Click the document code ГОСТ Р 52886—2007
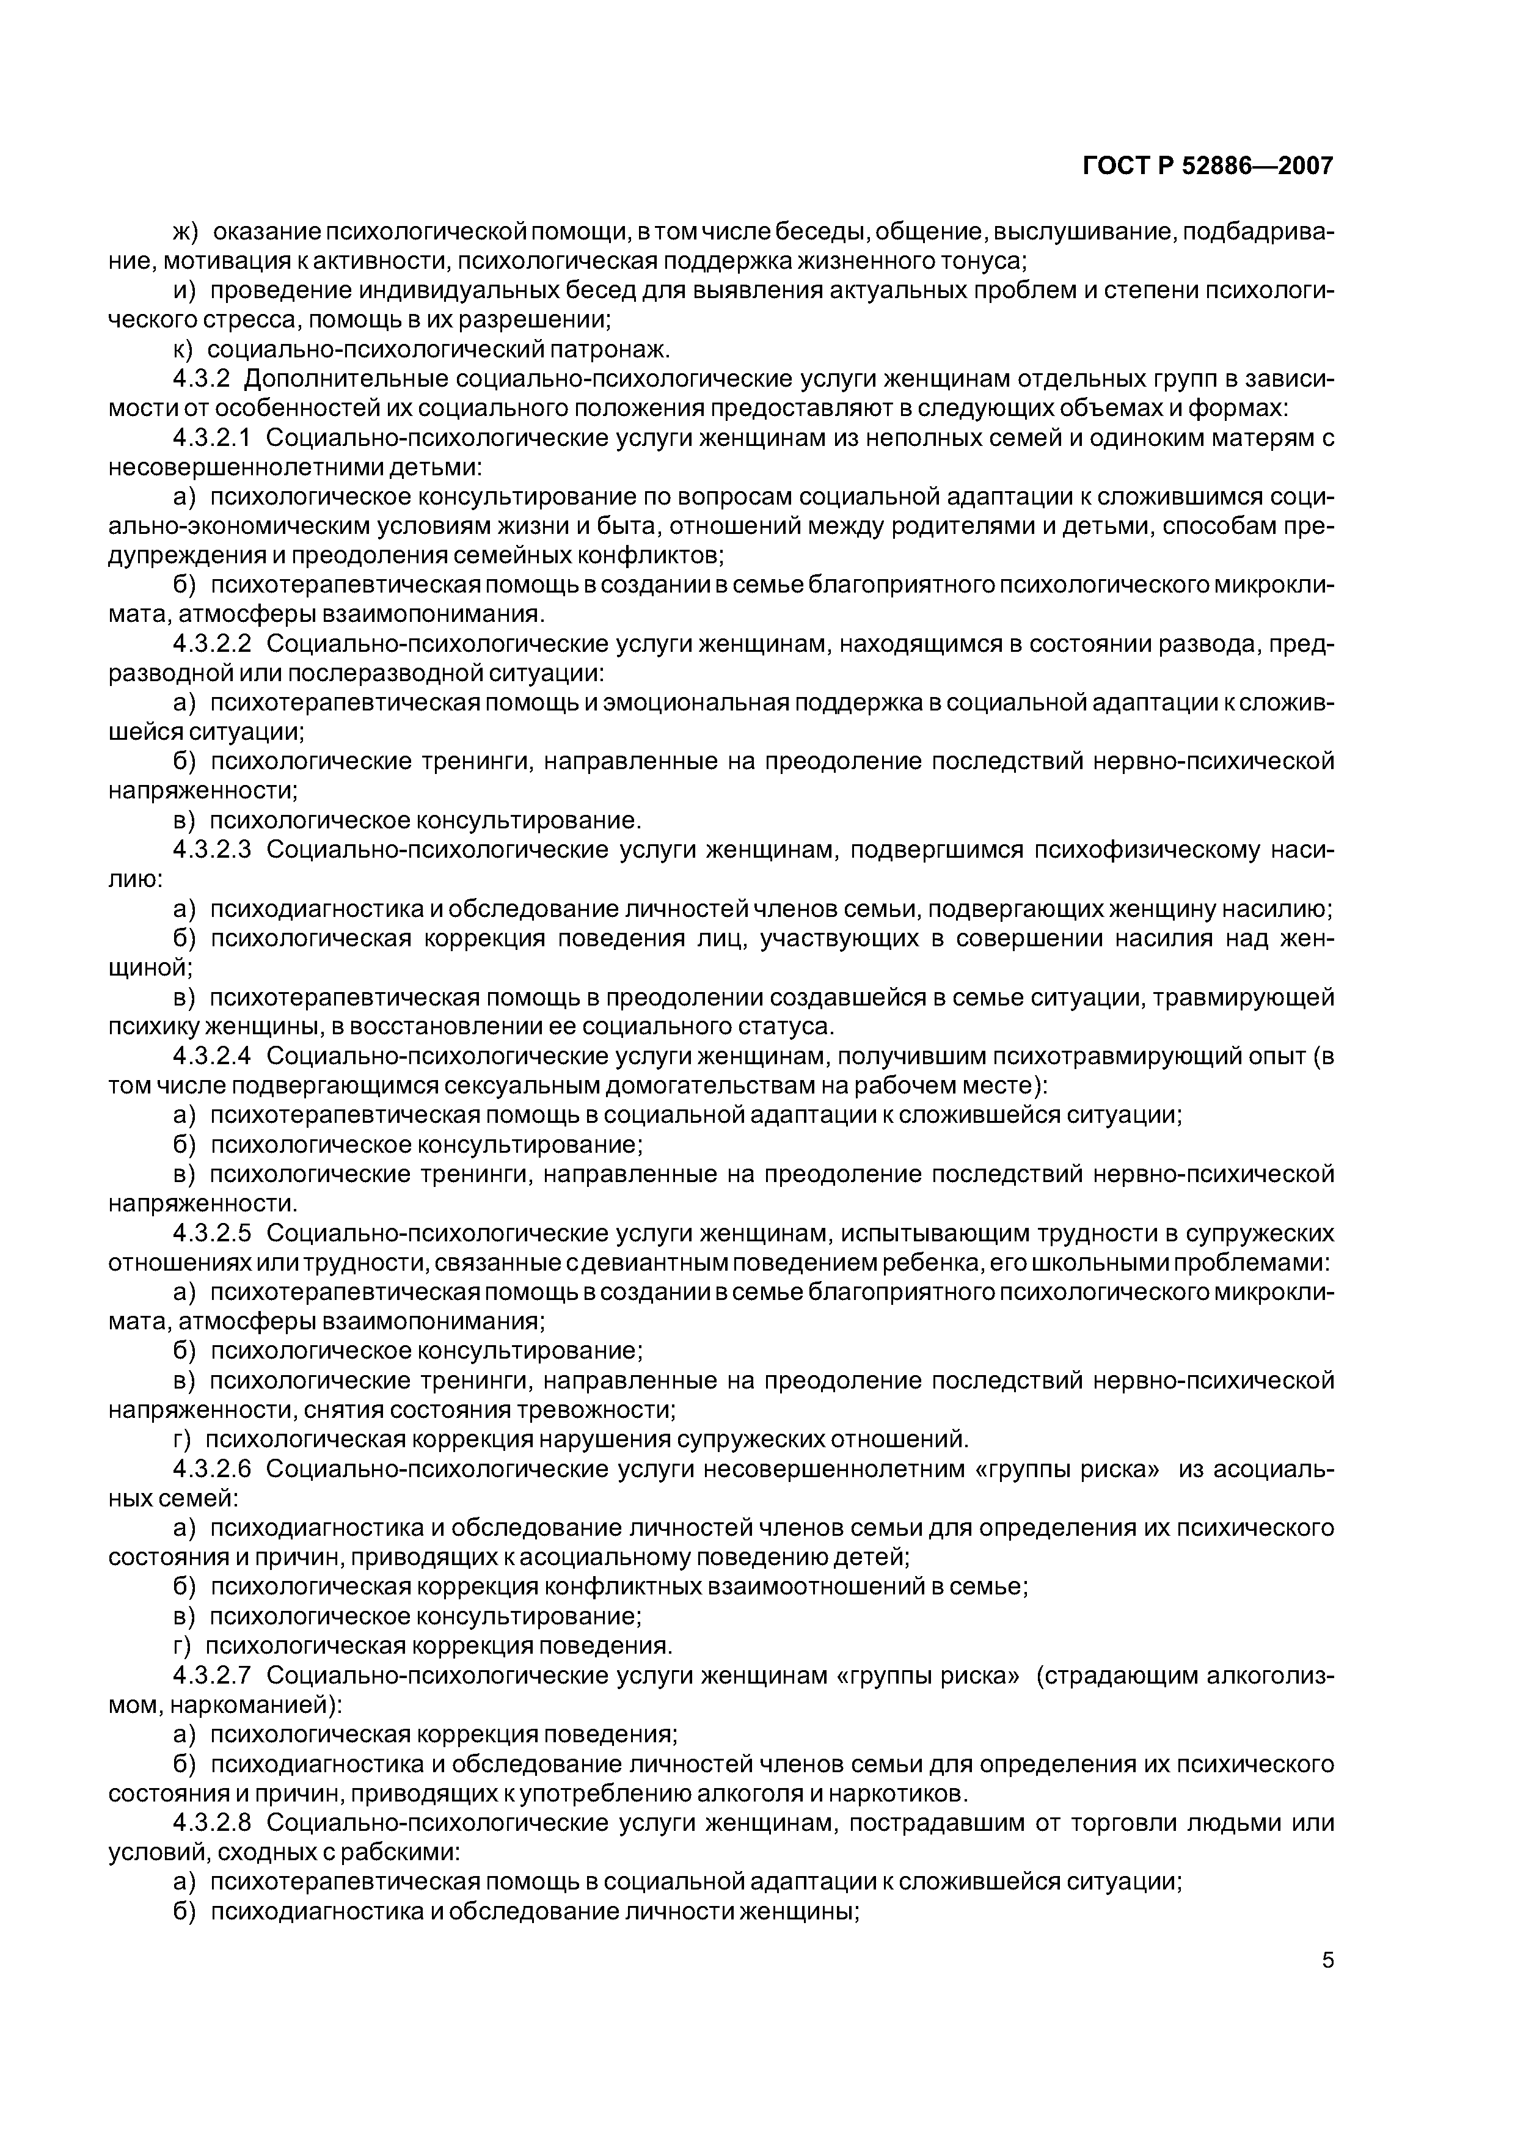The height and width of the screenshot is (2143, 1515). [1208, 166]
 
